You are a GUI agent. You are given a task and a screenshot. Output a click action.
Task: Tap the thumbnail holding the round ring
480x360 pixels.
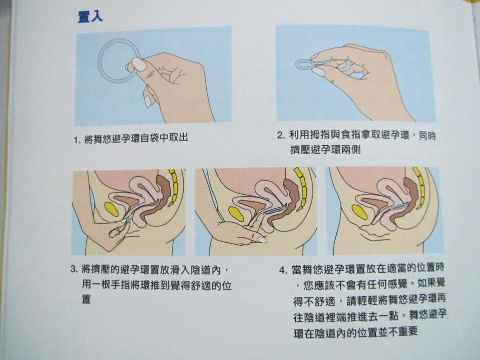click(139, 65)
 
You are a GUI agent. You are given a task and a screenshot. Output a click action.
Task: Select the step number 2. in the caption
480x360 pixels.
click(281, 135)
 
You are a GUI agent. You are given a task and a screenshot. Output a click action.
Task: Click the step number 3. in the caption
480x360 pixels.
click(74, 269)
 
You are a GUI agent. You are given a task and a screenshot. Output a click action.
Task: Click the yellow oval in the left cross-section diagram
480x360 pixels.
click(112, 209)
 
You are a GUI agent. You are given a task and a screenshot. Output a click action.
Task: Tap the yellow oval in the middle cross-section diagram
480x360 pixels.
click(236, 214)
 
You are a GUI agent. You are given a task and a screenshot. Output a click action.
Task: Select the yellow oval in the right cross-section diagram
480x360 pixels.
click(359, 212)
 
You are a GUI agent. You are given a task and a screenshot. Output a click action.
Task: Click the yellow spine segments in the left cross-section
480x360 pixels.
click(174, 187)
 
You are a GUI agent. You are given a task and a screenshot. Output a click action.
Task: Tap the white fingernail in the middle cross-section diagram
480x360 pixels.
click(262, 240)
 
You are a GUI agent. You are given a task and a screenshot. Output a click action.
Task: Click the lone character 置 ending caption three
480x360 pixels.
click(86, 299)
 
